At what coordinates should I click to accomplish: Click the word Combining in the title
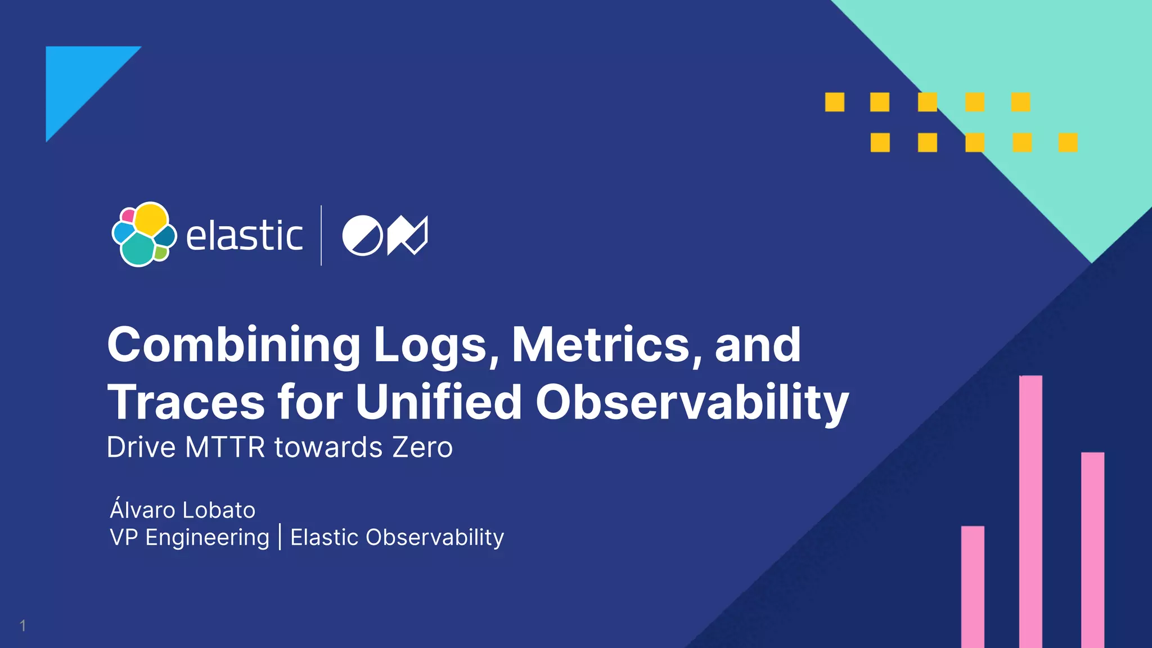(233, 345)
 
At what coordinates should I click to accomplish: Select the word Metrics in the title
(600, 344)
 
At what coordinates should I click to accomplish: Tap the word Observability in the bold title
(692, 403)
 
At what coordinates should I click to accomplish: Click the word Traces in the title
(186, 403)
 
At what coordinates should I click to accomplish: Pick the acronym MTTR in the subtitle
(225, 448)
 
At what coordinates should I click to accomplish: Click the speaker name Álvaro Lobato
(183, 510)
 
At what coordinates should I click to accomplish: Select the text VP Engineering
(190, 538)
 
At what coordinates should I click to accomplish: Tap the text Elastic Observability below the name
(397, 538)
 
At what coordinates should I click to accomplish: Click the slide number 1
(22, 625)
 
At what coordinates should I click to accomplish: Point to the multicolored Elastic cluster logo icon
(144, 234)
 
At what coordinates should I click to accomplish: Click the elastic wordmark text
(244, 236)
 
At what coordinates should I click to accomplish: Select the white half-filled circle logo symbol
(362, 236)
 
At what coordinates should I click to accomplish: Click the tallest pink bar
(1030, 511)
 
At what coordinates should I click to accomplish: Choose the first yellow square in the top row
(835, 102)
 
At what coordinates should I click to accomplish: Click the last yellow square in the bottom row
(1068, 142)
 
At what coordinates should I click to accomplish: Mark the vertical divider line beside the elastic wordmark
(321, 235)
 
